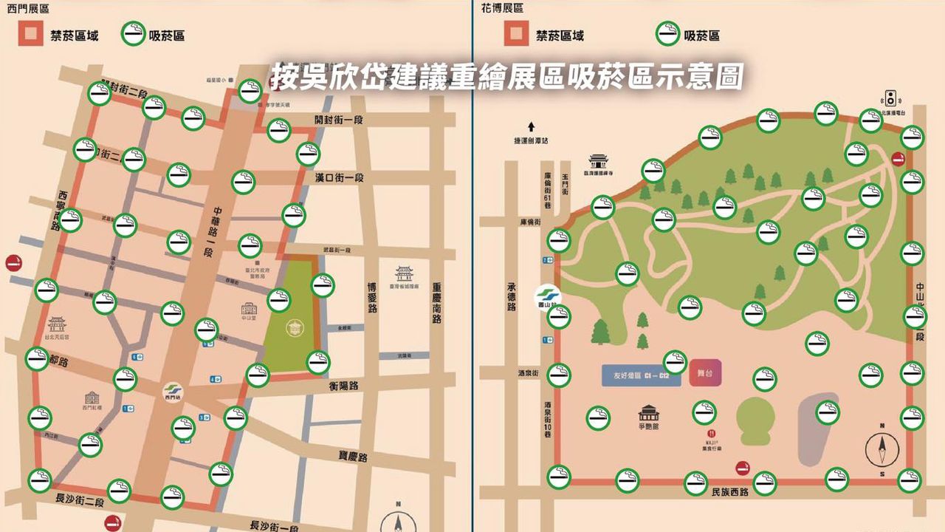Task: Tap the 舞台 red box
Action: pyautogui.click(x=704, y=373)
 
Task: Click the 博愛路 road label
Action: pyautogui.click(x=372, y=296)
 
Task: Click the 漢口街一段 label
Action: pyautogui.click(x=339, y=178)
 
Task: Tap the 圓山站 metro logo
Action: pyautogui.click(x=548, y=297)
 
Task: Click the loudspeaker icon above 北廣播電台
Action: pyautogui.click(x=890, y=98)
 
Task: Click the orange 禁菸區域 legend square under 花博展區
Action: pyautogui.click(x=516, y=34)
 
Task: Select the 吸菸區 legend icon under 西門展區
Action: pyautogui.click(x=133, y=34)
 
